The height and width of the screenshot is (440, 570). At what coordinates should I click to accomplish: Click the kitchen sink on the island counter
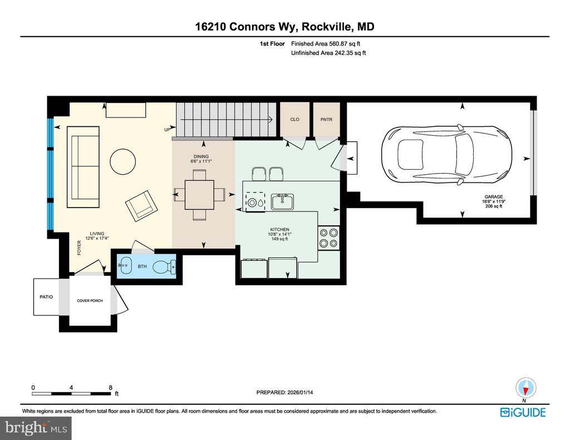tap(283, 201)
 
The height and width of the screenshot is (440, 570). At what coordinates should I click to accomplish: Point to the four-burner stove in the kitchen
tap(328, 238)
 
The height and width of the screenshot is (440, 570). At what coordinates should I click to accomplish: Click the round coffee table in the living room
tap(122, 162)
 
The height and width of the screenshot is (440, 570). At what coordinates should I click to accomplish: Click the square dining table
tap(199, 194)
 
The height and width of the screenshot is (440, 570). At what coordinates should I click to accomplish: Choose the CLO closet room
tap(295, 120)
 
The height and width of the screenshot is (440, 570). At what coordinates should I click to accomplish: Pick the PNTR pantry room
tap(326, 120)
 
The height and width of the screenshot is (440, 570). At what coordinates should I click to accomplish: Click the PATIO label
tap(46, 297)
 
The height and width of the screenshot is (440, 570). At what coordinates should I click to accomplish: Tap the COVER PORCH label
tap(90, 301)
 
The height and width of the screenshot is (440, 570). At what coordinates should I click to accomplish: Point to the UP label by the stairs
tap(167, 130)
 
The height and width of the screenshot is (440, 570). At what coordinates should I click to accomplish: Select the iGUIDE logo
tap(523, 412)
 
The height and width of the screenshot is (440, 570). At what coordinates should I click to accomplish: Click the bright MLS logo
tap(36, 428)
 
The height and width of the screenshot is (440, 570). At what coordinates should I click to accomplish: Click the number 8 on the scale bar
tap(110, 387)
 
